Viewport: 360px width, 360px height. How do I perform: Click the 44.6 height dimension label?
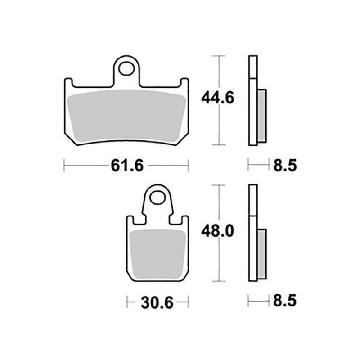coord(217,98)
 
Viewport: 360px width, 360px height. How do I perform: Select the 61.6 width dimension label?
coord(127,165)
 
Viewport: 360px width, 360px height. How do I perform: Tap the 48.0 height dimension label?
coord(217,231)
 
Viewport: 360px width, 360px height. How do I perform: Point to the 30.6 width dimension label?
coord(157,302)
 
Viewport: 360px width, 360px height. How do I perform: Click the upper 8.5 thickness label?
coord(285,165)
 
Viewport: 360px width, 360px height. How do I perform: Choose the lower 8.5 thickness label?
coord(285,301)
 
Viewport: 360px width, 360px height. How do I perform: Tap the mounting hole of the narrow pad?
coord(157,198)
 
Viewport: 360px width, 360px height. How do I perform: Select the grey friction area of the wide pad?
coord(127,116)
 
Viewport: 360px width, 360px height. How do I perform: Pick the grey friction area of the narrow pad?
coord(157,254)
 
